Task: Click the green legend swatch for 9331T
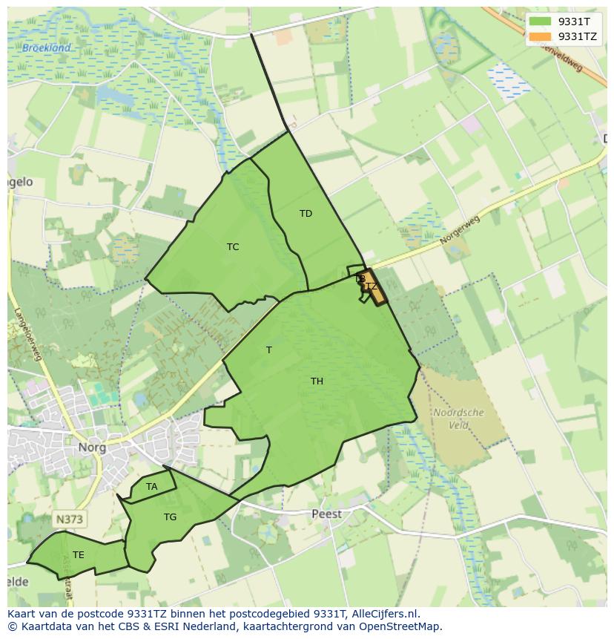coord(541,22)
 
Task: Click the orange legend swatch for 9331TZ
coord(541,36)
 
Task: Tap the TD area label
coord(306,214)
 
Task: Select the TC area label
coord(233,247)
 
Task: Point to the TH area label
coord(317,381)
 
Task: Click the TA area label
coord(152,487)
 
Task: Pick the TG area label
coord(171,517)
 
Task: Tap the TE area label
coord(79,555)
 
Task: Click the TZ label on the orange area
coord(372,286)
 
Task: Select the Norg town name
coord(92,448)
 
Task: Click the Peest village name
coord(326,514)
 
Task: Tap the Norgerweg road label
coord(460,230)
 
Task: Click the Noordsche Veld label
coord(458,419)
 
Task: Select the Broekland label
coord(46,48)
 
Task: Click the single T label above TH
coord(269,350)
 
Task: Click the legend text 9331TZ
coord(577,36)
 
